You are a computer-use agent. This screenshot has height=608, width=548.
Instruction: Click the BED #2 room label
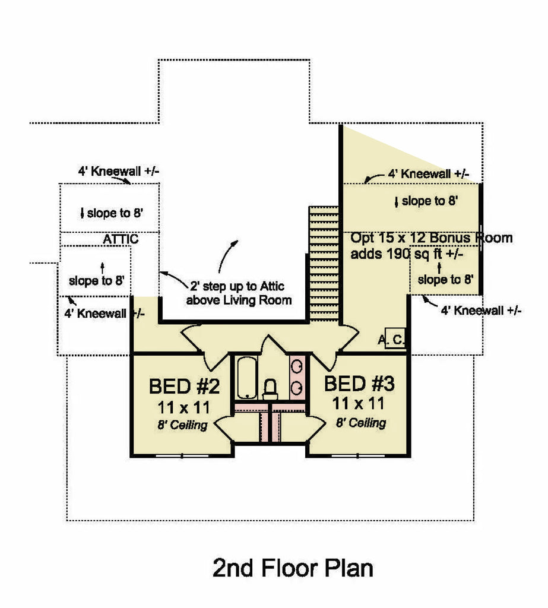(x=184, y=387)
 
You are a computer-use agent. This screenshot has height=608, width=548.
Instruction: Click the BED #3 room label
(x=359, y=384)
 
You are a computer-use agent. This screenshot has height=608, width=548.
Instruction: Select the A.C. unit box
(x=395, y=339)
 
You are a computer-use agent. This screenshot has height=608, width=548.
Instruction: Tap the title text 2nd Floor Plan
(x=293, y=568)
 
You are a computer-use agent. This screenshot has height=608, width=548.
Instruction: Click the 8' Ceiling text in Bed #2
(x=183, y=425)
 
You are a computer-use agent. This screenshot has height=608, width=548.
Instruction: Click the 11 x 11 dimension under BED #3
(x=358, y=404)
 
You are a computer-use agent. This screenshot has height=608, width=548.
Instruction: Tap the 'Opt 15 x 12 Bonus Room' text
(x=431, y=238)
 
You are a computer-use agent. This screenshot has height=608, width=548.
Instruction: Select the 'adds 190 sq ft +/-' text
(x=407, y=254)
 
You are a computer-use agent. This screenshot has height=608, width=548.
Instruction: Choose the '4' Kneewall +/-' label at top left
(x=118, y=172)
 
